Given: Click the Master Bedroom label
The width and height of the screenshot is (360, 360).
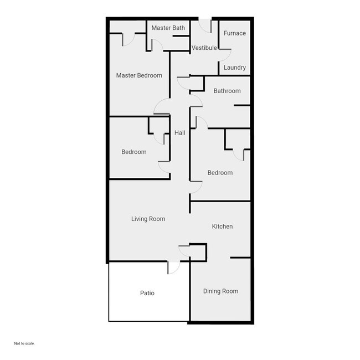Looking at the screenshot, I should (x=139, y=75).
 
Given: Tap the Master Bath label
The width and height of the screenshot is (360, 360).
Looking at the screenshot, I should (x=168, y=28).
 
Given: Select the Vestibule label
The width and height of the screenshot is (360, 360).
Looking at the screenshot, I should (x=204, y=48).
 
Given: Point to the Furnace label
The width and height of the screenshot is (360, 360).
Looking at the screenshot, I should (x=234, y=33).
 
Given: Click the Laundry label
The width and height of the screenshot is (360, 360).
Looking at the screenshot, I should (x=235, y=68).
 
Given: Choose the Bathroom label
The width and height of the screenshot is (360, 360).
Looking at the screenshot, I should (x=227, y=91).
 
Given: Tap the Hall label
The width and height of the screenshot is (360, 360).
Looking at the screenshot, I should (x=179, y=133).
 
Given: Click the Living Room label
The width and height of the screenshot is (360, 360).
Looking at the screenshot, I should (x=148, y=219).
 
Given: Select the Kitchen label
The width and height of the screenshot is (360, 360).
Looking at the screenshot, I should (x=222, y=227).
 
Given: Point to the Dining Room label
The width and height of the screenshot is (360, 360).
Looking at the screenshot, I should (x=220, y=291).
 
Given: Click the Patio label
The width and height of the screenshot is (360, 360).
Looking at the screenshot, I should (x=147, y=293).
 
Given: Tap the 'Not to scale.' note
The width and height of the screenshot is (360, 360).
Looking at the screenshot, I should (x=24, y=343).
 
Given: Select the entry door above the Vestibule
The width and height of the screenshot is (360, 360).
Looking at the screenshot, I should (x=204, y=25).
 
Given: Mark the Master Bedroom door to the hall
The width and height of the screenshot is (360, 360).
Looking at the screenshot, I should (x=162, y=106).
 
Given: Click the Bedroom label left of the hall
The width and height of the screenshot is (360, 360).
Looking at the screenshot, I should (x=134, y=152).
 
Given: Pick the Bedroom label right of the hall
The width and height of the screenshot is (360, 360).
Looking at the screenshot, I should (x=220, y=173).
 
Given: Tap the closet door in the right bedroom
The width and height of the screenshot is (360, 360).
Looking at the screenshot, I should (x=239, y=155).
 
